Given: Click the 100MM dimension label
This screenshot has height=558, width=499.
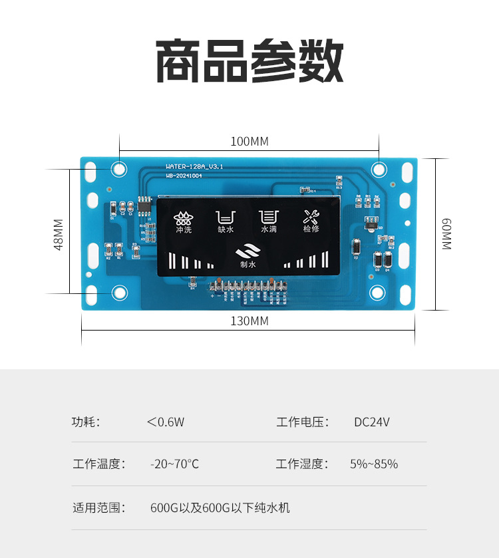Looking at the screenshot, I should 249,141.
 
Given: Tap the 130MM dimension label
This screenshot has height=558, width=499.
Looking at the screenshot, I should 249,321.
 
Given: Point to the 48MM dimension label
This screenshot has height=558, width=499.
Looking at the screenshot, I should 59,234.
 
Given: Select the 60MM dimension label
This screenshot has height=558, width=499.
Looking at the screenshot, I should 446,234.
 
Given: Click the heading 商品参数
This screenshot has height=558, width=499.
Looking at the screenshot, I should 249,61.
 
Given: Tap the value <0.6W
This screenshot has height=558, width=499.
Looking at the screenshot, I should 166,422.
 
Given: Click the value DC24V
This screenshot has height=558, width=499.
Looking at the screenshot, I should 372,422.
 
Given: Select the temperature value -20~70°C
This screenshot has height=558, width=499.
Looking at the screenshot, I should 174,464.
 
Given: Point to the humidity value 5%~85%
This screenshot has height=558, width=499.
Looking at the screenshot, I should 374,464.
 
